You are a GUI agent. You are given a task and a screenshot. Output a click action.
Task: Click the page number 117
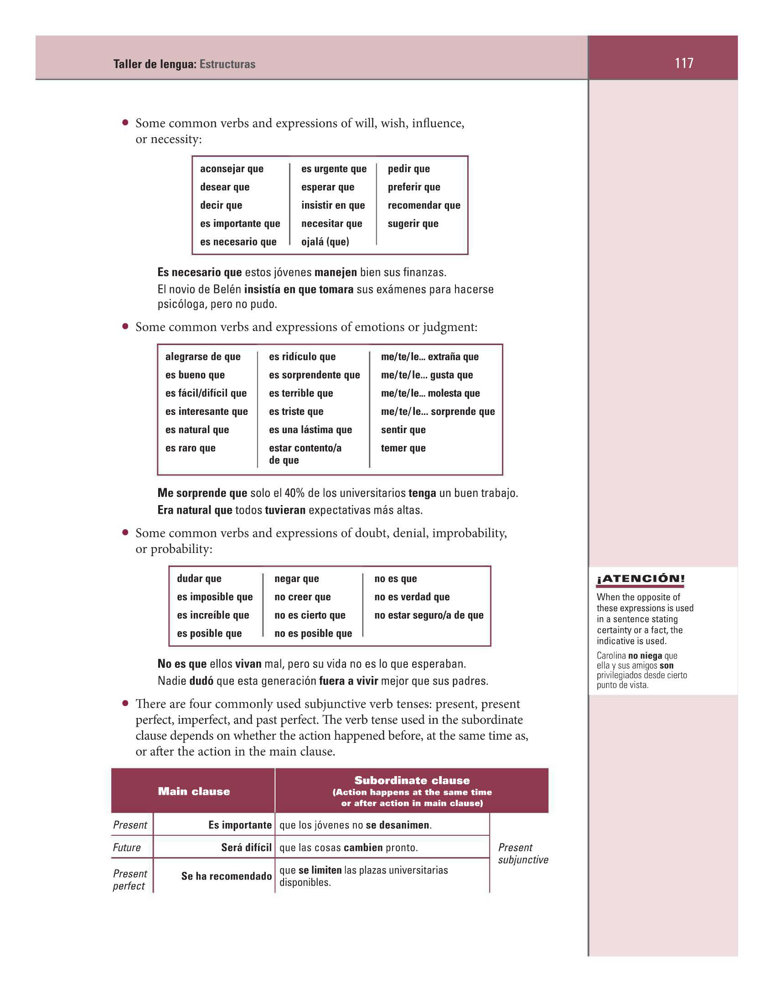[683, 63]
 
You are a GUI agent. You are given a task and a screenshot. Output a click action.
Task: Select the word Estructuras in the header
[227, 64]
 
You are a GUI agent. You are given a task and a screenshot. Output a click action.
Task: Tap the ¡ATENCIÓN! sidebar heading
[641, 578]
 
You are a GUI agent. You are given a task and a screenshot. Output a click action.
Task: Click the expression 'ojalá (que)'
[325, 242]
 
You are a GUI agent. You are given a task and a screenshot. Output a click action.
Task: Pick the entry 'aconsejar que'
[232, 169]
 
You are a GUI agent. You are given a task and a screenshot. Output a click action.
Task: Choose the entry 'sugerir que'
[413, 224]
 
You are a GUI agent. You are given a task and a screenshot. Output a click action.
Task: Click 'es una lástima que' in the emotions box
[310, 430]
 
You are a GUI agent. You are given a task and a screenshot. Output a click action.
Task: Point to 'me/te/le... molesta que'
[430, 393]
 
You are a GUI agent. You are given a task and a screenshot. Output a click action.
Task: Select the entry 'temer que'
[403, 448]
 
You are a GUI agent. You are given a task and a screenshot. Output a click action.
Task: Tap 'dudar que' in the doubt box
[199, 578]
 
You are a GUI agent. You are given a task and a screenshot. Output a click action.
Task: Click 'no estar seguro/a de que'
[429, 615]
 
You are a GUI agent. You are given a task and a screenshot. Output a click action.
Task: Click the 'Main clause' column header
[194, 792]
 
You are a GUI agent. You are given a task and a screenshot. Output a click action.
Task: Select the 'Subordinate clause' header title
[412, 780]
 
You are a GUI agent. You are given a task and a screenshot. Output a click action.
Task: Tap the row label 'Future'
[127, 848]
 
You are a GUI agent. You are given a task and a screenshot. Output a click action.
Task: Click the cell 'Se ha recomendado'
[227, 876]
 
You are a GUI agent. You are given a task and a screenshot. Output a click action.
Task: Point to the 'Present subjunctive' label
[522, 854]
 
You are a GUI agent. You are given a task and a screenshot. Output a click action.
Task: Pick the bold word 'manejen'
[336, 272]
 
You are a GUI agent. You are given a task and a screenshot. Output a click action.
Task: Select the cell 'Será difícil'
[246, 848]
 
